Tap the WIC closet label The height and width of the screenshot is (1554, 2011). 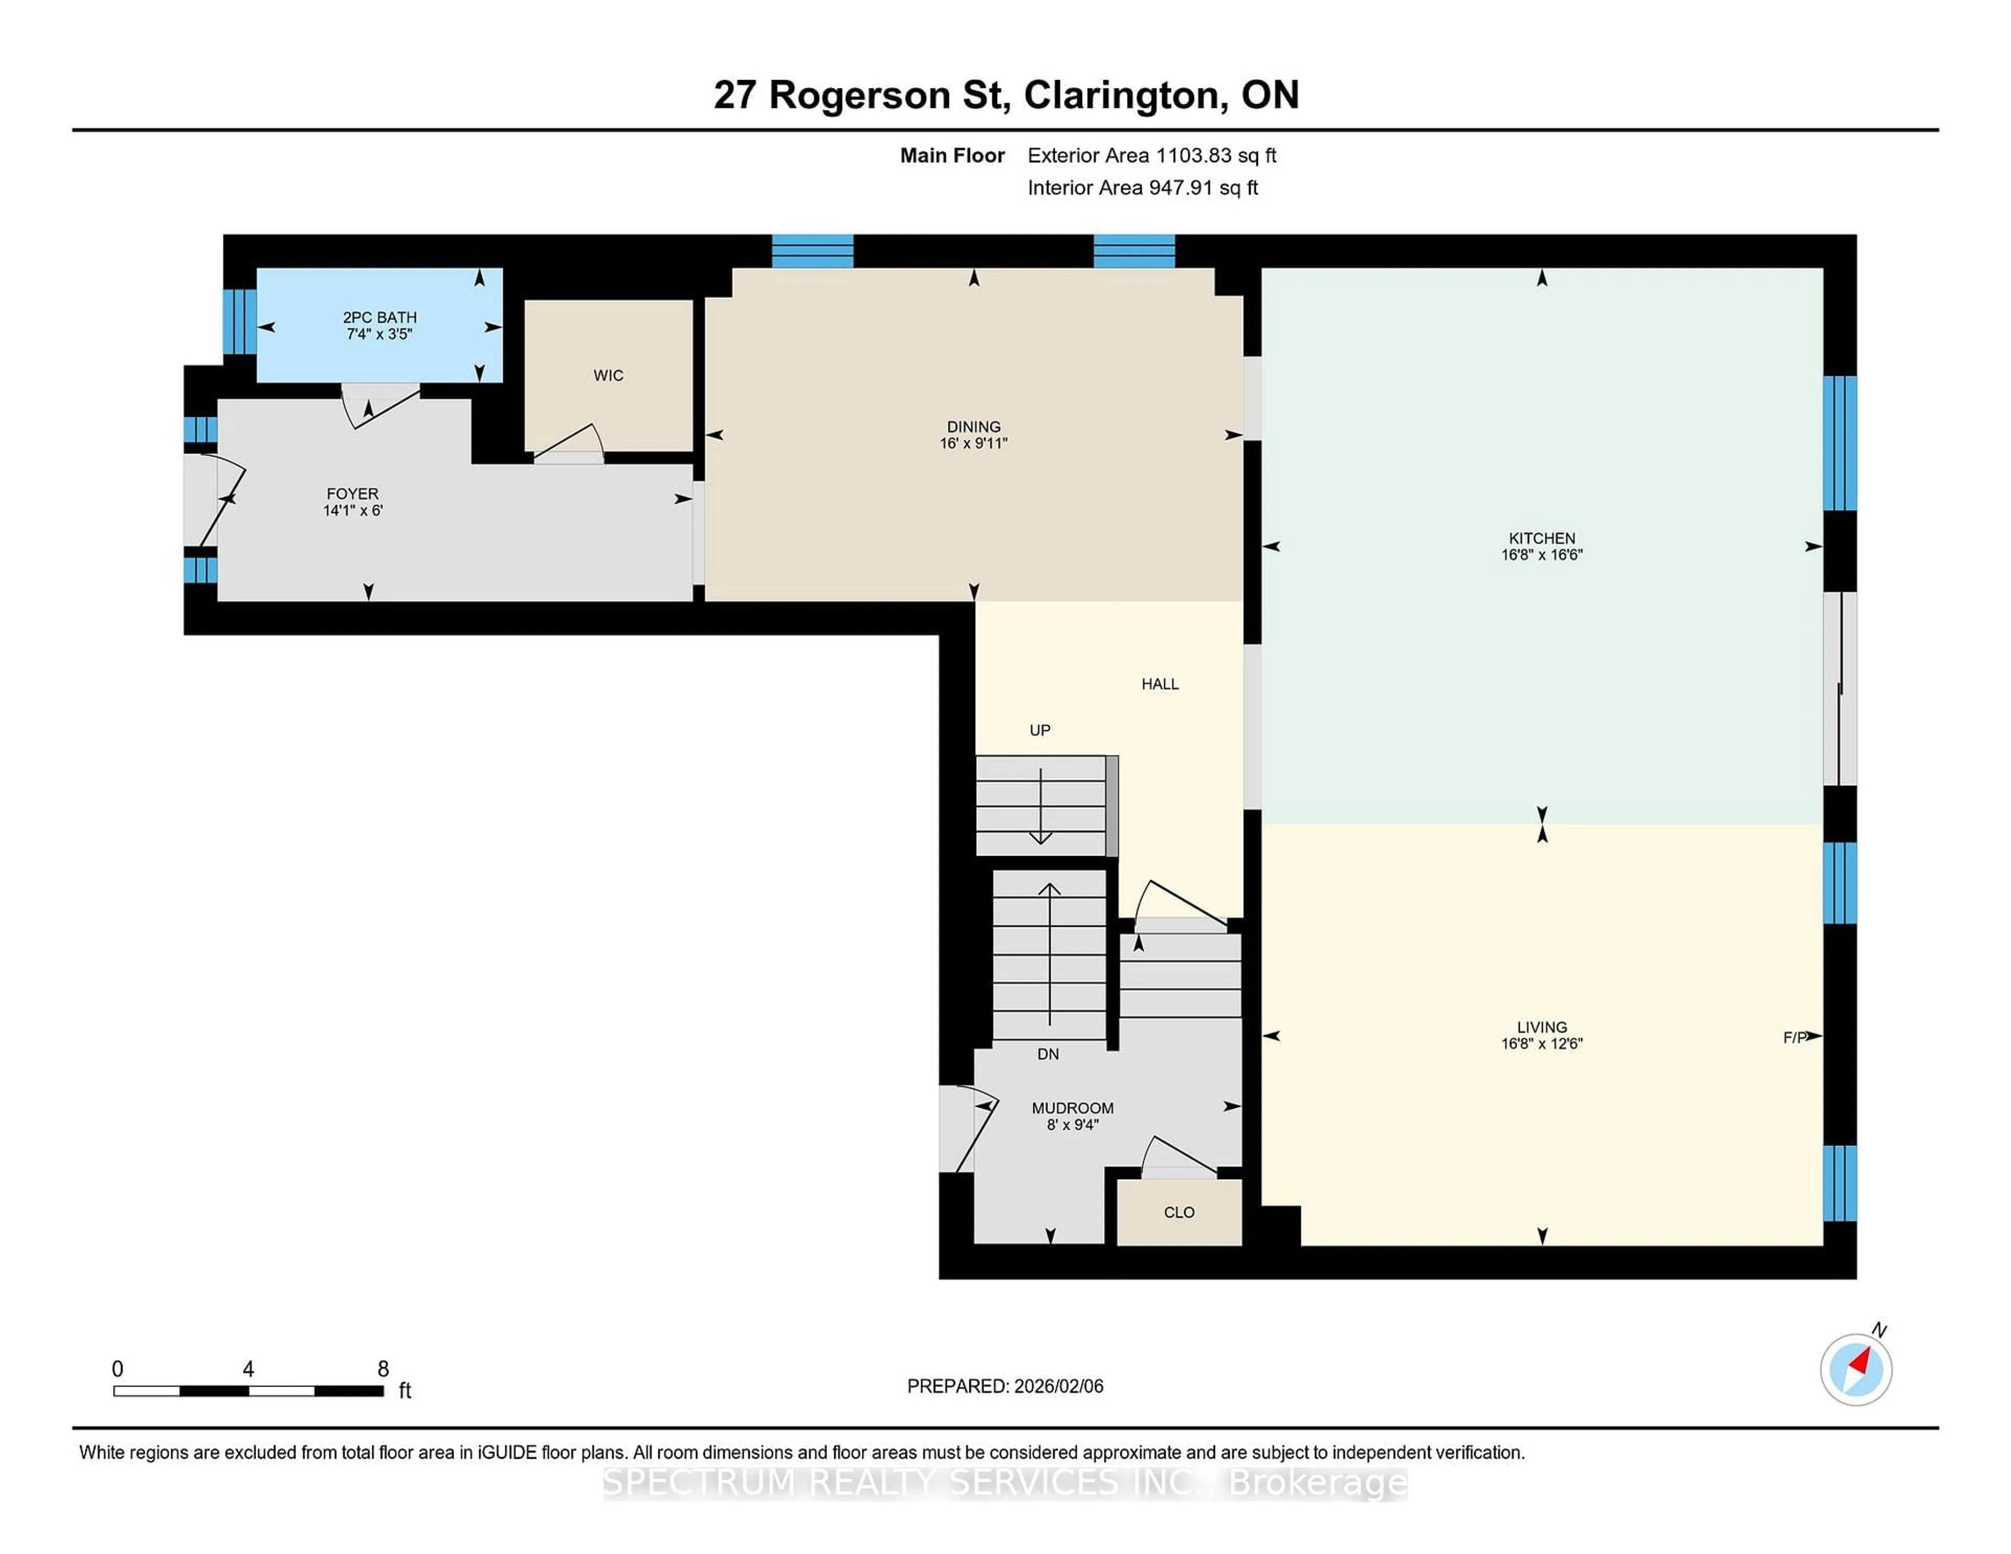pos(607,375)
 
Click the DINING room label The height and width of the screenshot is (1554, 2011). pos(973,426)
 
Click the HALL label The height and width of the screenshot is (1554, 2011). pos(1159,684)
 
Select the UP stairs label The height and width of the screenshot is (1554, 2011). pos(1040,730)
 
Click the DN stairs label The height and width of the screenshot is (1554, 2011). pos(1048,1054)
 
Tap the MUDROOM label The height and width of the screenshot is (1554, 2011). pos(1073,1108)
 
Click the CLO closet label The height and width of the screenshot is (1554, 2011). pos(1179,1213)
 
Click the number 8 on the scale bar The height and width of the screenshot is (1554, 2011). pos(383,1369)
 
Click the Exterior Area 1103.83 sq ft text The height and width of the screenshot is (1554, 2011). pos(1152,156)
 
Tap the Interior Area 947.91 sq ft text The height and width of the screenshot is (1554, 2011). pos(1143,188)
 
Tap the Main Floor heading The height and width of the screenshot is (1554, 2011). pos(952,156)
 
